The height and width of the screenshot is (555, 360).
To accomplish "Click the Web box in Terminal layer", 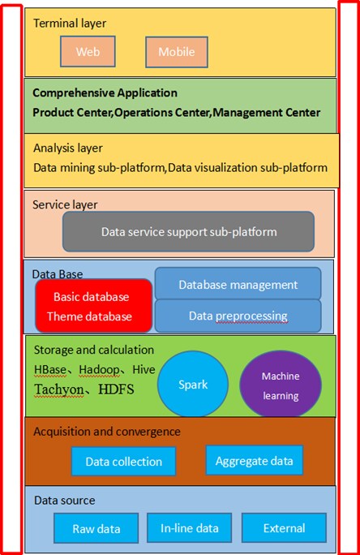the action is (x=88, y=51).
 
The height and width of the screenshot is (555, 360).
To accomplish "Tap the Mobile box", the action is (x=177, y=52).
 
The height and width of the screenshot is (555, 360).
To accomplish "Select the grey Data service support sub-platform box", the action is (x=188, y=232).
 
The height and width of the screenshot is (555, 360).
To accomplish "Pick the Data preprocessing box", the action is (x=238, y=316).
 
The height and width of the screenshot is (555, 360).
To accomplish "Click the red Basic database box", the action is (x=94, y=306).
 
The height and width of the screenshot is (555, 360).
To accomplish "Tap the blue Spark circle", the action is (x=193, y=384).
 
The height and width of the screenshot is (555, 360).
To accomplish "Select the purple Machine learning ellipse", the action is (x=281, y=385).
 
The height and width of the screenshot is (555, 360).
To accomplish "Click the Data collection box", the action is (x=123, y=461).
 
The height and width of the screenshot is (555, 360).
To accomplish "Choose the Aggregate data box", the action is (x=255, y=460).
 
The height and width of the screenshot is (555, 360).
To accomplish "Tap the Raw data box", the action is (x=96, y=528).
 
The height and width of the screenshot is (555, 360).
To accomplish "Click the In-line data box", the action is (x=189, y=527).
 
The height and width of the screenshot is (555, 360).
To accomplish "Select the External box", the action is (x=284, y=527).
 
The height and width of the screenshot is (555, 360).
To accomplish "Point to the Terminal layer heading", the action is (x=70, y=24).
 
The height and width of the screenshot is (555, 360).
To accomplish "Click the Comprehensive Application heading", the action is (x=105, y=92).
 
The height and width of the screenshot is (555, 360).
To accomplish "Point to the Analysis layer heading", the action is (x=68, y=148).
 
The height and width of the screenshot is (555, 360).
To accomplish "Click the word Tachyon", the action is (x=59, y=389).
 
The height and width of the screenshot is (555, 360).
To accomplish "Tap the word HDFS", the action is (x=116, y=389).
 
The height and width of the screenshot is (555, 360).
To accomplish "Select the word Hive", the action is (x=144, y=369).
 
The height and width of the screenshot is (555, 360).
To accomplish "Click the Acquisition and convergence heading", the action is (x=107, y=432).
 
